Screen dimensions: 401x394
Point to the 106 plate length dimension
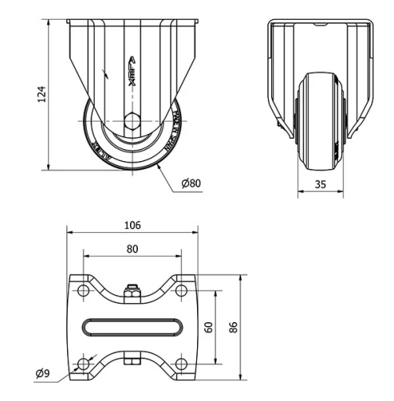coord(132,225)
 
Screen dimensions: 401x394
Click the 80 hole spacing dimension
coord(132,249)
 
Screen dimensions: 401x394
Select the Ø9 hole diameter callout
coord(44,373)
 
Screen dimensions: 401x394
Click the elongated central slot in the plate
coord(132,327)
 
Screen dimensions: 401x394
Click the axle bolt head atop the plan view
coord(132,292)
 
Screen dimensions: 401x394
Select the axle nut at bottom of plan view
coord(132,362)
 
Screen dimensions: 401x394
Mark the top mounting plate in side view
coord(132,21)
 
